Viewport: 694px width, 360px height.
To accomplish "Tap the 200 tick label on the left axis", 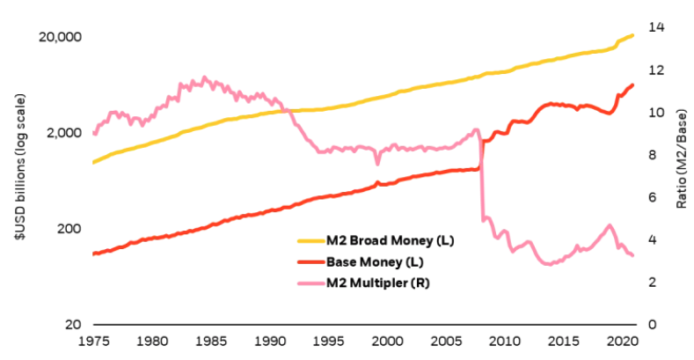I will click(68, 228).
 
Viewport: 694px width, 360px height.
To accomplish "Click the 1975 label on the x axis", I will click(93, 341).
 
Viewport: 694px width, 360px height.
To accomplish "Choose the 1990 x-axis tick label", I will click(270, 341).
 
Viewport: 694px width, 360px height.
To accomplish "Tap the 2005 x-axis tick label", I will click(446, 341).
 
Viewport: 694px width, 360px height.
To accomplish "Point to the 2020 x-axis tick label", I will click(622, 341).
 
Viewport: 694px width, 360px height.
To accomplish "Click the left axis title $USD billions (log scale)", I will click(18, 176).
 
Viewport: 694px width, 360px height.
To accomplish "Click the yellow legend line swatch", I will click(310, 240).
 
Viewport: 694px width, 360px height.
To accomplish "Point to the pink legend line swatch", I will click(310, 283).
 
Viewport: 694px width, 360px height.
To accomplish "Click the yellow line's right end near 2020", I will click(633, 35).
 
